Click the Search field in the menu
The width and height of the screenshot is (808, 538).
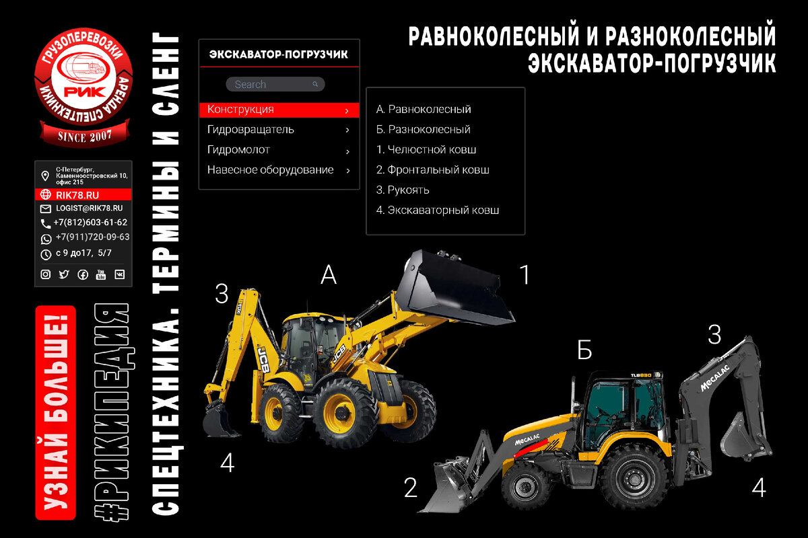[275, 84]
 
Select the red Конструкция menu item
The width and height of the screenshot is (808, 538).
[279, 110]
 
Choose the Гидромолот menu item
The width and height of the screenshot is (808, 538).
[279, 150]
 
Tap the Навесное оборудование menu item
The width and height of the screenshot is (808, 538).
[279, 170]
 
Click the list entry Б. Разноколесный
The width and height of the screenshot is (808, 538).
[423, 129]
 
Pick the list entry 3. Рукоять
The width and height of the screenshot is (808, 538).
[403, 190]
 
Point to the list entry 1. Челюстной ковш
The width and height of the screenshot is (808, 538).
[426, 149]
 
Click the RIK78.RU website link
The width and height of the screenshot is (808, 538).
[77, 195]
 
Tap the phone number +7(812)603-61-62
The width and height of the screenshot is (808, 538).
[90, 223]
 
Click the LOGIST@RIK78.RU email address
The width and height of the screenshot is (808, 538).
[89, 208]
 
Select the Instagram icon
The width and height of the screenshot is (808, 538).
[46, 274]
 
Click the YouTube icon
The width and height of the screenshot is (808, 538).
[101, 274]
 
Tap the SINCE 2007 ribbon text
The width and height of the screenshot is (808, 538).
[85, 137]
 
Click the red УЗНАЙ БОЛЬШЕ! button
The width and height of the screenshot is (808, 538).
[55, 413]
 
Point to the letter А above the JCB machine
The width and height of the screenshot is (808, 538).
[329, 274]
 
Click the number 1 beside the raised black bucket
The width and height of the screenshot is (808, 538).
[525, 274]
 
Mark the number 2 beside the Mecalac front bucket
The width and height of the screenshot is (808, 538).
[411, 488]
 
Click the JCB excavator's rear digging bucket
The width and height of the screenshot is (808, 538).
[219, 422]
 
